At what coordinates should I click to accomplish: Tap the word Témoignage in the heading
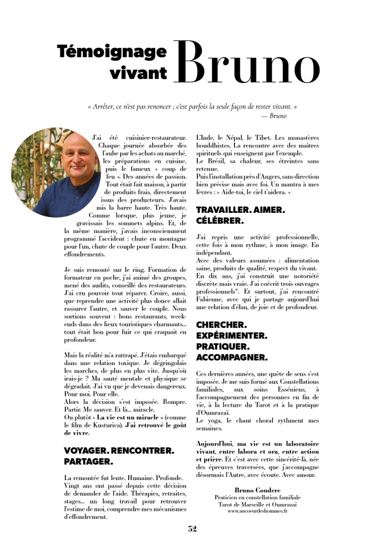(112, 52)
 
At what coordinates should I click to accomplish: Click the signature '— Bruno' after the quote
(274, 115)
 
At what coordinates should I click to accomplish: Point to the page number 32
(192, 529)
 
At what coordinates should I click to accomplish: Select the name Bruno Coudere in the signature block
(257, 489)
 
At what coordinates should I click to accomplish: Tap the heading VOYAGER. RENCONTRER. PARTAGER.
(119, 456)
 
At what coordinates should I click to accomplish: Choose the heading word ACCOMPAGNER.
(232, 357)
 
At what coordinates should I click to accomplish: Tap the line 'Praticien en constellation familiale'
(257, 497)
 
